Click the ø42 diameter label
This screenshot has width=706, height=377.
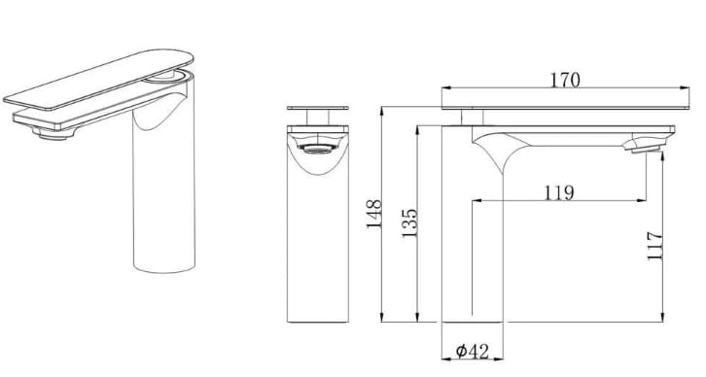pyautogui.click(x=471, y=351)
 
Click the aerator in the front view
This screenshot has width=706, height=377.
pyautogui.click(x=318, y=150)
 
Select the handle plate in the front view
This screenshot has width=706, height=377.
pyautogui.click(x=318, y=108)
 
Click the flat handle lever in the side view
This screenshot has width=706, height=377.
pyautogui.click(x=559, y=96)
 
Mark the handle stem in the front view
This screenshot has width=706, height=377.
pyautogui.click(x=318, y=118)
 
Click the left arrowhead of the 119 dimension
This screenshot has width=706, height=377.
pyautogui.click(x=476, y=201)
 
